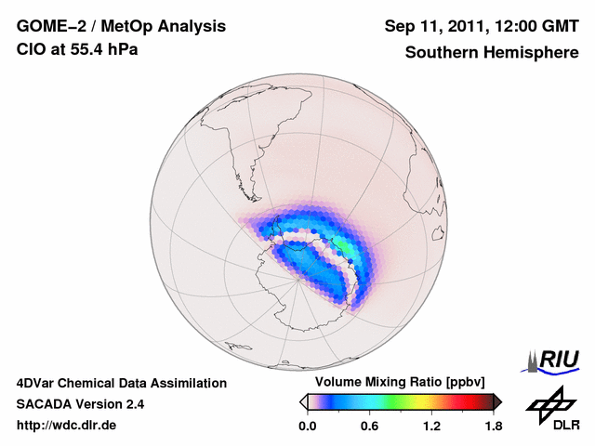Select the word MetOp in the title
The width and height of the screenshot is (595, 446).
131,26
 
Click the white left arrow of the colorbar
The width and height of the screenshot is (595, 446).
303,401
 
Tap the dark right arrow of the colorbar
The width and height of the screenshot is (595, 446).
497,401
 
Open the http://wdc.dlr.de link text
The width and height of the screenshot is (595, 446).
67,426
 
